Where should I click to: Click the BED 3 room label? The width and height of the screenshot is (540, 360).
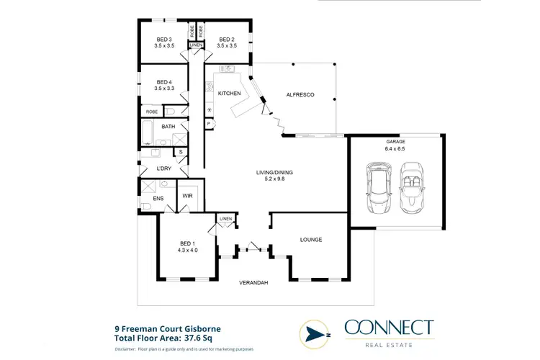click(163, 40)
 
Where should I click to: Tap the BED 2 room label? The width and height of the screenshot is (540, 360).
click(226, 40)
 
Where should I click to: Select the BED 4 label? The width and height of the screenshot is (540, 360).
click(163, 82)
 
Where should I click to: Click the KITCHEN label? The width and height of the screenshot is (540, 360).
click(229, 94)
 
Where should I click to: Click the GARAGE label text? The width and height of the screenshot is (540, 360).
click(395, 142)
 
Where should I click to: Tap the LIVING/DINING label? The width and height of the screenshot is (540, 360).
click(275, 173)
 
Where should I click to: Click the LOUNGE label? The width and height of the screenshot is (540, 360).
click(310, 240)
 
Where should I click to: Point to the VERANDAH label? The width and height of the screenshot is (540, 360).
click(253, 283)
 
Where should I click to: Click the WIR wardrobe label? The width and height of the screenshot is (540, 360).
click(187, 196)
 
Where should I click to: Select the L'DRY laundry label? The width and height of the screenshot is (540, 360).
click(163, 168)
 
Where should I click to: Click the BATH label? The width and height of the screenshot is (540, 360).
click(168, 127)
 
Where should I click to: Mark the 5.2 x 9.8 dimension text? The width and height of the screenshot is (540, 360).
click(275, 181)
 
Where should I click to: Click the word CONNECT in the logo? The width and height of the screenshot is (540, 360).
click(389, 328)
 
